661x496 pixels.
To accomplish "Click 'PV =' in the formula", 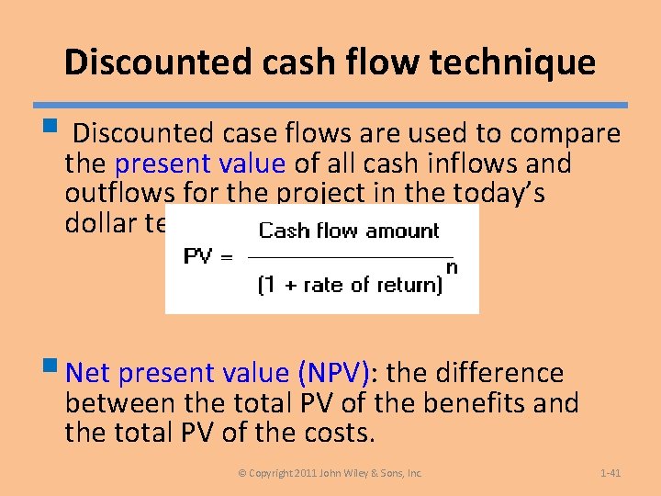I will tap(208, 256).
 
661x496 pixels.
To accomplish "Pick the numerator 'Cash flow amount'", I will tap(349, 231).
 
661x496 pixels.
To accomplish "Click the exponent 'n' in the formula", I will tap(451, 268).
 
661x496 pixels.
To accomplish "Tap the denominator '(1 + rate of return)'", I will tap(350, 285).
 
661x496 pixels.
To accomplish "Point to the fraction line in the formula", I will tap(353, 257).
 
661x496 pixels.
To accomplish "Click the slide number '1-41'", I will tap(611, 473).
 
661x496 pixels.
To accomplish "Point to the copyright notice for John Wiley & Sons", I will tap(330, 473).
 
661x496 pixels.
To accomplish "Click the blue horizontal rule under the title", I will tap(330, 106).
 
